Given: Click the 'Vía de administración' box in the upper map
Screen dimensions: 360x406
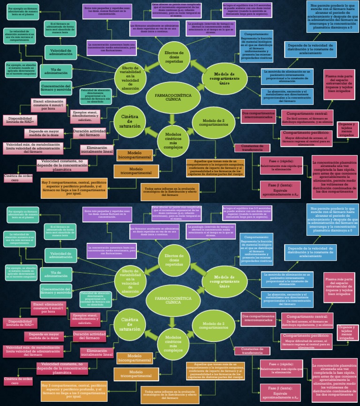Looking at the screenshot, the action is coord(56,71).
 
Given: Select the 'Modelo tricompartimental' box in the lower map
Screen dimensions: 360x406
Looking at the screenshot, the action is coord(136,374).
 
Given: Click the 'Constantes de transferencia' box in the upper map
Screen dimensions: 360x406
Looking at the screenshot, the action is coord(252,148).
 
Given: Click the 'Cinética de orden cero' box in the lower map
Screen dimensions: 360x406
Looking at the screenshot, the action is coord(18,381).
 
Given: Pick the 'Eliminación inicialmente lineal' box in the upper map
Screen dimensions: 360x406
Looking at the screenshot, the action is coord(97,150).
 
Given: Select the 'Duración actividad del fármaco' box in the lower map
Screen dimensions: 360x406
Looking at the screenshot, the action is coord(92,336).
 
